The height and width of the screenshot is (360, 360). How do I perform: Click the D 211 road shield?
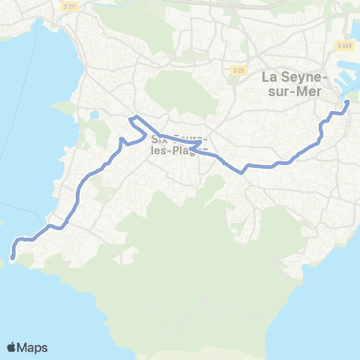coord(70,7)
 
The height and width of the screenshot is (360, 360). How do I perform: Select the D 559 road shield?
coord(345,46)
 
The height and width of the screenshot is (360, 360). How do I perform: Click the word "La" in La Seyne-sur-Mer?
coord(271,76)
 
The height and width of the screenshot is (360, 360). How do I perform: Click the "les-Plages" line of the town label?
coord(178,150)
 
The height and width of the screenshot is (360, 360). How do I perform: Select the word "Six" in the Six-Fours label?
coord(159,139)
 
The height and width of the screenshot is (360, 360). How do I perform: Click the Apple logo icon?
coord(11,347)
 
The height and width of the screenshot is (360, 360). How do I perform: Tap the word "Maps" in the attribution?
coord(34,347)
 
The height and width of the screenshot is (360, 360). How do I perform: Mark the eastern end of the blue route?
coord(347,103)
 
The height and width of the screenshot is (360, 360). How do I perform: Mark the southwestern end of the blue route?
coord(13,259)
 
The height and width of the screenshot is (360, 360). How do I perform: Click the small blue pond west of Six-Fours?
coord(94,115)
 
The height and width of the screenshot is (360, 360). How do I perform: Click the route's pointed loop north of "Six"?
coord(131,118)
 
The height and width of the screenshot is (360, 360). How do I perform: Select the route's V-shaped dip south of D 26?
coord(242,172)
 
